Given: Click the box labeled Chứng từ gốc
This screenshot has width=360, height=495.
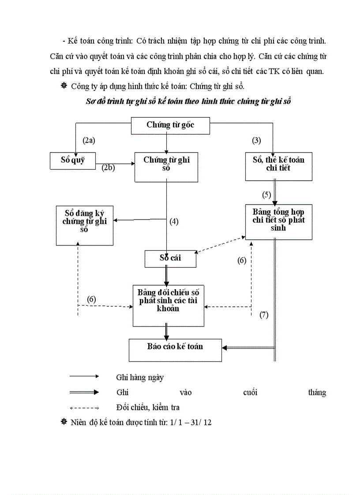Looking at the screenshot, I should pos(171,126).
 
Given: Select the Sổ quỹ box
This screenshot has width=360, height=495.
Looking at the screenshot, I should pos(73,161).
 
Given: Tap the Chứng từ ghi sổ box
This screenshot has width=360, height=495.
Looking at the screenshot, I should pos(166,167).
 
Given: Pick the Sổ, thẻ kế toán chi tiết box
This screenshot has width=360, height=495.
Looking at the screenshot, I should pos(278,167).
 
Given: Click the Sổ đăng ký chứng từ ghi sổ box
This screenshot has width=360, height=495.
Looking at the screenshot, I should pos(84,225).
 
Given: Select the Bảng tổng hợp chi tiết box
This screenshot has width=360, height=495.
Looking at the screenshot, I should pos(278,222).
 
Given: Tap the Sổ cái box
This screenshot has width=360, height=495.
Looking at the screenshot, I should pos(170,259).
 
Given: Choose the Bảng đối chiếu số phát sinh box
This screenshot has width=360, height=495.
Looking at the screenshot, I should pos(168,305).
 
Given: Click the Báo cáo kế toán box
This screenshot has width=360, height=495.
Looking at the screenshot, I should pos(175,350).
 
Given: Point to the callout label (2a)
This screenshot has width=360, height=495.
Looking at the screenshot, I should pos(89,141).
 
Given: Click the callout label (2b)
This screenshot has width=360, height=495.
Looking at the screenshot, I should pos(108,168).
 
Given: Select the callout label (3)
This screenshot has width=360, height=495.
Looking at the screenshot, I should pos(256,141).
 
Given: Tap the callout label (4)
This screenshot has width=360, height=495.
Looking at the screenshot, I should pos(174,222).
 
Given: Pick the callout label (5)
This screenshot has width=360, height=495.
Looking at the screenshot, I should pos(266,194).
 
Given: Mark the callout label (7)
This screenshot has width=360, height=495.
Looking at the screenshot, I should pos(264,315).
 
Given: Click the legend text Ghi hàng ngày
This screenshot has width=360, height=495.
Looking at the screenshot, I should pos(140,377).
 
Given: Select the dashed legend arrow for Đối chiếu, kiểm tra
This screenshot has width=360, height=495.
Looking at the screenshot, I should pos(84,408).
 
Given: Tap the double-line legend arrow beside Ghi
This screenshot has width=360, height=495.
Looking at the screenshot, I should pos(84,392).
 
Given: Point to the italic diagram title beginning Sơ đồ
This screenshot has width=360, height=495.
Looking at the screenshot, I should pos(188,101).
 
